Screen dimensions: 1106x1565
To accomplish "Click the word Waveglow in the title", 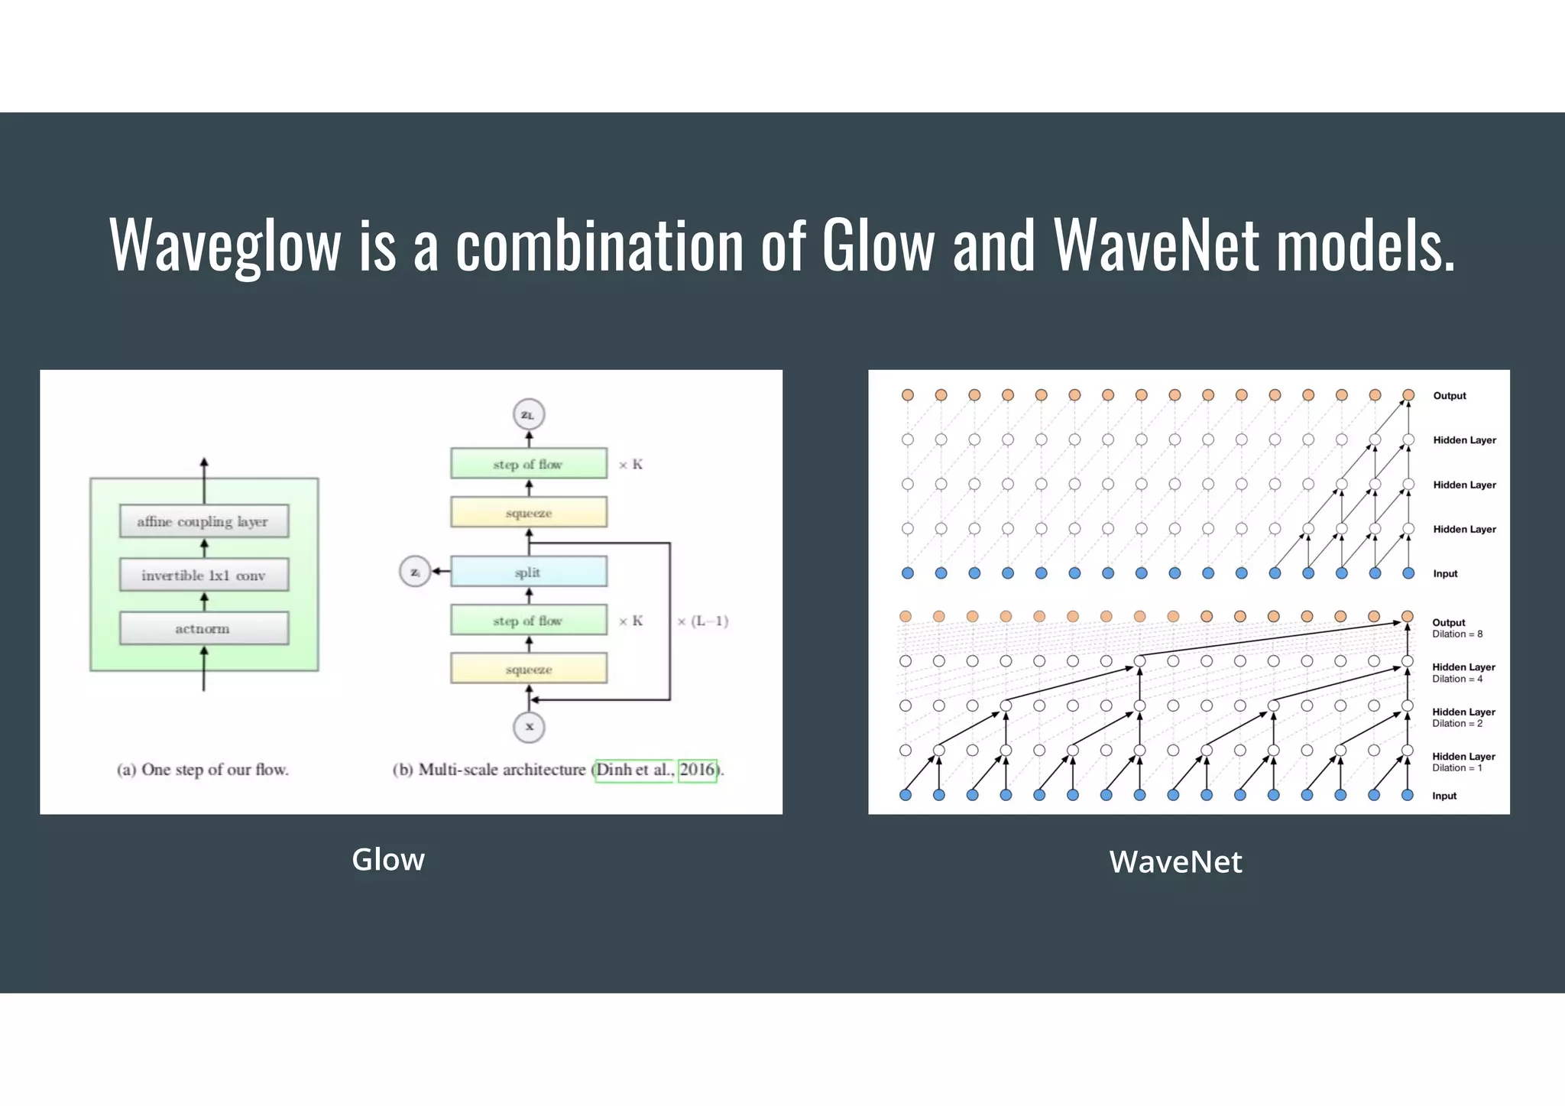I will click(225, 246).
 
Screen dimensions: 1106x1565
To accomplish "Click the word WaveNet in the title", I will click(1156, 246).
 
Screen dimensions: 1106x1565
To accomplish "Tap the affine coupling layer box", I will click(203, 521).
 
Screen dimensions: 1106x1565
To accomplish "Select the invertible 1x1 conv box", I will click(203, 576).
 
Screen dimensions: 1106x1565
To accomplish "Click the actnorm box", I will click(203, 628).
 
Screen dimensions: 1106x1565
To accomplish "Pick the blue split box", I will click(528, 572).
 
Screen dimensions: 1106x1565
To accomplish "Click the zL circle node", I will click(528, 415).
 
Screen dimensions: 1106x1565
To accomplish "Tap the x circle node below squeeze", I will click(529, 726).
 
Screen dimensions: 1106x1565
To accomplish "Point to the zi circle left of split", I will click(415, 572).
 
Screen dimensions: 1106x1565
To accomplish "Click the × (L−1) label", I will click(702, 621).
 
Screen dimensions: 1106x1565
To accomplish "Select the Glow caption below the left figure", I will click(388, 860).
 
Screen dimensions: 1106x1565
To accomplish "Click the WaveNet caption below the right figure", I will click(1175, 862).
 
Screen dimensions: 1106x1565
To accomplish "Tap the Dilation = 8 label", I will click(1457, 634).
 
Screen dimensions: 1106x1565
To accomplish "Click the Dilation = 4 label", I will click(1457, 679).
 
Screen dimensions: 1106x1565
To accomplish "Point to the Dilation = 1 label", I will click(1457, 768).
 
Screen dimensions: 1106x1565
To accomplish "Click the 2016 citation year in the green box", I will click(697, 770).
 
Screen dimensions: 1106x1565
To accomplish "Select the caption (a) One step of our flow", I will click(203, 770).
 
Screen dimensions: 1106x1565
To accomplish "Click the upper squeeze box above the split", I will click(528, 512).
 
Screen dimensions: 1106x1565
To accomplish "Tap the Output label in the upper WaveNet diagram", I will click(1450, 396).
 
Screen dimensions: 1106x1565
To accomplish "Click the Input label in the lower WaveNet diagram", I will click(1444, 796).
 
